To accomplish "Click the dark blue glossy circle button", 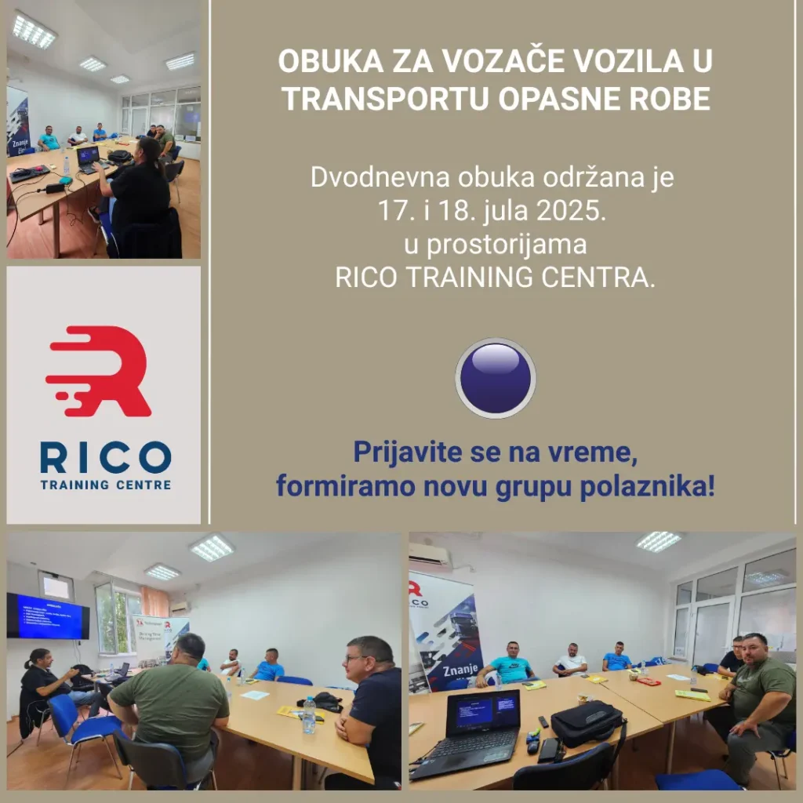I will pyautogui.click(x=496, y=378).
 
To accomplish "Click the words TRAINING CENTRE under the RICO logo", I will pyautogui.click(x=105, y=485).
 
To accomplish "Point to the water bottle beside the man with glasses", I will pyautogui.click(x=309, y=714).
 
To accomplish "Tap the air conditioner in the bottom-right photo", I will pyautogui.click(x=430, y=555).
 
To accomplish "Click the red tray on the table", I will pyautogui.click(x=648, y=681).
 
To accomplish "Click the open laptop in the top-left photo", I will pyautogui.click(x=88, y=156).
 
